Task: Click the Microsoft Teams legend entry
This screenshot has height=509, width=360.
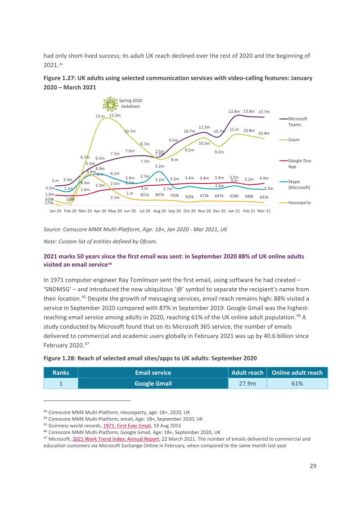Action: tap(293, 122)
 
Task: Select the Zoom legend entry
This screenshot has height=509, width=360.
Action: tap(290, 139)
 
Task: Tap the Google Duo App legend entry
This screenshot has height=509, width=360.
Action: tap(295, 164)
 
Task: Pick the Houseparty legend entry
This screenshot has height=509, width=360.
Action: tap(295, 202)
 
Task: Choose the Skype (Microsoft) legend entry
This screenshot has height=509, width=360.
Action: tap(295, 184)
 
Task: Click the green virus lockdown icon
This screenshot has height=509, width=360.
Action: tap(110, 104)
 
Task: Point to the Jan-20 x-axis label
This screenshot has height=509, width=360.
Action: tap(55, 211)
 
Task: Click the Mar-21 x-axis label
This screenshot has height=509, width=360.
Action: tap(264, 211)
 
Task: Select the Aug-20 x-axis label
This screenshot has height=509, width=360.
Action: tap(160, 211)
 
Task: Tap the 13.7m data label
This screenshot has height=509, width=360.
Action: tap(264, 112)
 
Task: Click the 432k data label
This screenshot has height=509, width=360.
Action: tap(264, 197)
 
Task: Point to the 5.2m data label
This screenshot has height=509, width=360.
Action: tap(160, 166)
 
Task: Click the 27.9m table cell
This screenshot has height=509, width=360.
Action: tap(247, 384)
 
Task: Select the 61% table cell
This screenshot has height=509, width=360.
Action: tap(297, 384)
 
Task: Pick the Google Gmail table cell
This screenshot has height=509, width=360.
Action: tap(153, 384)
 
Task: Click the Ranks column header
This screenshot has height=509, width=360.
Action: tap(61, 373)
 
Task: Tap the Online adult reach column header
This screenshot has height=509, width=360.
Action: tap(297, 373)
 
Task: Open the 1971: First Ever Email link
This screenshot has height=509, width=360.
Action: tap(127, 425)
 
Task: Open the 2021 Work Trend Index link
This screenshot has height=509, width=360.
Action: tap(116, 439)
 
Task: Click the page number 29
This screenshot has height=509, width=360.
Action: tap(313, 466)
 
